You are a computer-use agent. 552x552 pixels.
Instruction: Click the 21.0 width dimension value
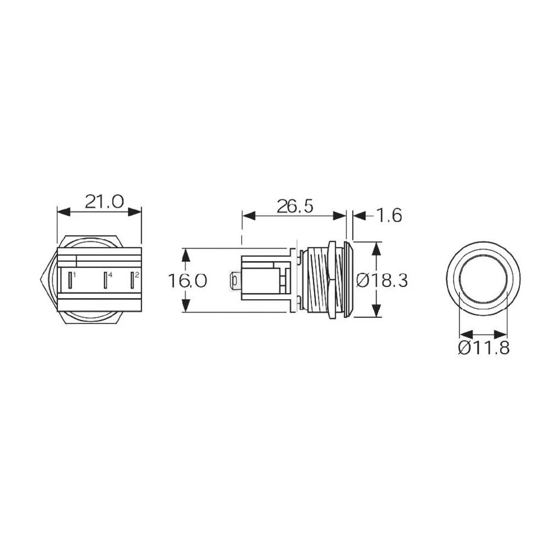click(104, 201)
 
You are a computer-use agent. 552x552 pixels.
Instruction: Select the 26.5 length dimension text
click(295, 206)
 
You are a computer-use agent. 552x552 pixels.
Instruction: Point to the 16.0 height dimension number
click(188, 281)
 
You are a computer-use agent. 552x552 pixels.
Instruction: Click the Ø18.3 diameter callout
click(382, 281)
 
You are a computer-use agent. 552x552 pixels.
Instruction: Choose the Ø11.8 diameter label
click(484, 348)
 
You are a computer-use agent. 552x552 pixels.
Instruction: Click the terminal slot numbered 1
click(70, 280)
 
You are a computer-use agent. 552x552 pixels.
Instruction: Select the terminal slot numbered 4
click(105, 280)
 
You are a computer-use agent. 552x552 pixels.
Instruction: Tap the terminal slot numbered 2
click(132, 280)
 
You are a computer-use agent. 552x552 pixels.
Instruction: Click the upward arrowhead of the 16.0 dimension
click(186, 254)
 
